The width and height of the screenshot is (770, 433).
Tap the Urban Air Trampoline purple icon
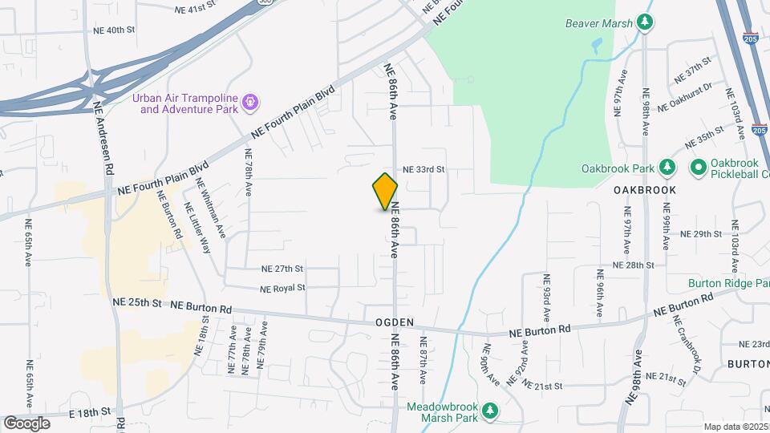251,102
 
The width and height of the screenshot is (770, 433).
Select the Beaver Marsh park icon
643,21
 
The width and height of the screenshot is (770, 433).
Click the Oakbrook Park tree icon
666,168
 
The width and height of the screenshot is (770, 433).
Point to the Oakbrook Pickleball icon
697,168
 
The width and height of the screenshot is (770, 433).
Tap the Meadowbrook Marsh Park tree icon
490,412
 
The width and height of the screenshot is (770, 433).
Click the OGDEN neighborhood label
395,322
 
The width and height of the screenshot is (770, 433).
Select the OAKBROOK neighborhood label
645,190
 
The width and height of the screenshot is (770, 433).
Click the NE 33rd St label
423,170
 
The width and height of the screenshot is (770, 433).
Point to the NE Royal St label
282,288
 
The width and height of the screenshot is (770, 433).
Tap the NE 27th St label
282,269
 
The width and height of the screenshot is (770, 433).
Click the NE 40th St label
115,30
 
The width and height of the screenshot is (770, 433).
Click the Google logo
26,423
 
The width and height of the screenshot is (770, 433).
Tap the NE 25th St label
137,302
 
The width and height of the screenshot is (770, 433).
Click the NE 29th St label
702,234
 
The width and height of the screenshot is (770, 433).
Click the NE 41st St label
196,10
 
